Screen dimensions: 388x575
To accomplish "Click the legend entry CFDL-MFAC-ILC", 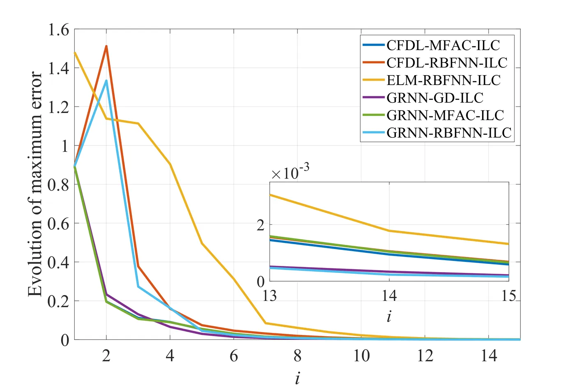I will (443, 45).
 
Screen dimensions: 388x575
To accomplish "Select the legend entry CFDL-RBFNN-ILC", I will (447, 63).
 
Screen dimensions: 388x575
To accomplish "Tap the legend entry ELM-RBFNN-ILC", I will (444, 80).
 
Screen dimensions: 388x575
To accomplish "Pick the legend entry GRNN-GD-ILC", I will (435, 98).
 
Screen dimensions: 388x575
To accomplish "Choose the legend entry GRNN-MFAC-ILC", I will (445, 115).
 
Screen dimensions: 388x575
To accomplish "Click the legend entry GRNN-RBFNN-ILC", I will (449, 133).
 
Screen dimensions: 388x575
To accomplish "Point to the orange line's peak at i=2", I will (106, 46).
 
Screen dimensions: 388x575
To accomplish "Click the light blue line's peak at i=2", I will (106, 81).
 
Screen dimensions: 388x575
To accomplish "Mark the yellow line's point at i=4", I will (170, 164).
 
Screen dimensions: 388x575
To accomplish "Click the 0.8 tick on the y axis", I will (59, 185).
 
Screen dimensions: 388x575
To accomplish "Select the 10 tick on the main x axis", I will (361, 356).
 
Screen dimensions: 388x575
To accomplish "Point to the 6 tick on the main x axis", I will (234, 356).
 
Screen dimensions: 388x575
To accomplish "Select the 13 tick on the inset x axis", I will (269, 296).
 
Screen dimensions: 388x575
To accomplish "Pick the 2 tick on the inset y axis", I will (261, 225).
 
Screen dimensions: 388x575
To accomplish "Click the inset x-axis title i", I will (389, 316).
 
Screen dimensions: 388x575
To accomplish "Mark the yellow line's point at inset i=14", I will (389, 231).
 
